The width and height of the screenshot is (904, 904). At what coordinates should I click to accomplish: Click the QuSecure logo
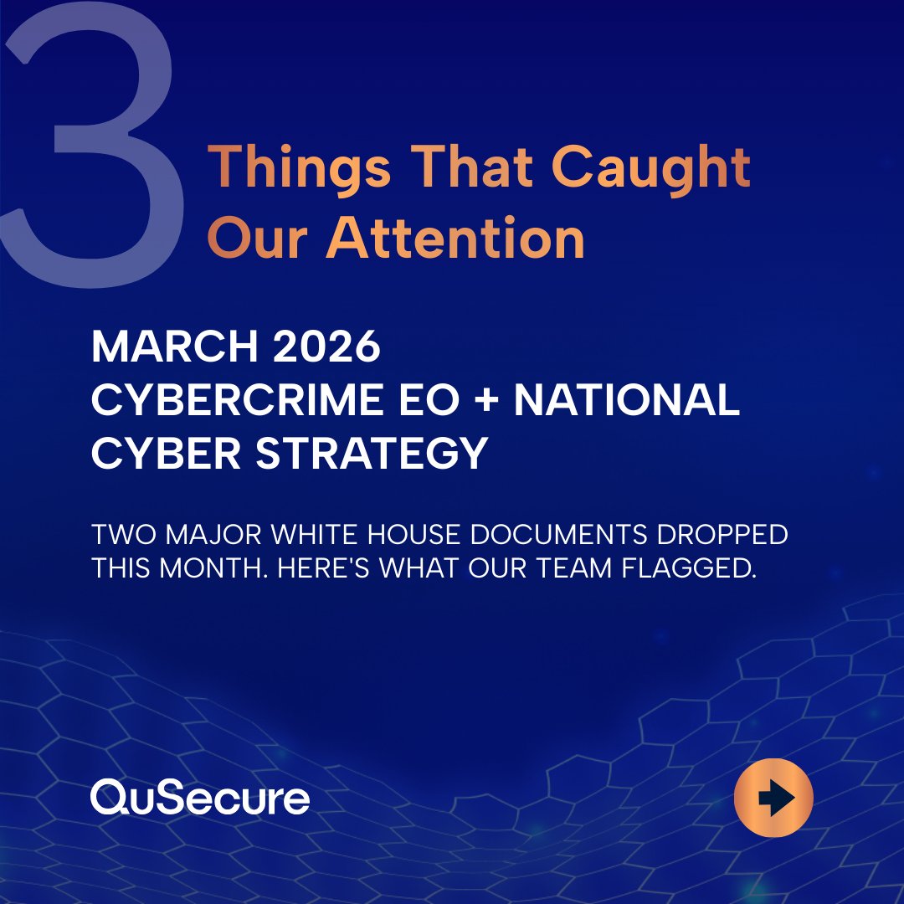click(200, 797)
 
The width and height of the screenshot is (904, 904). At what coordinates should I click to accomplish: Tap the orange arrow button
click(773, 798)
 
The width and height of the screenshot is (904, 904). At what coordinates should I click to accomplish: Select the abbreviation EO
click(432, 401)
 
